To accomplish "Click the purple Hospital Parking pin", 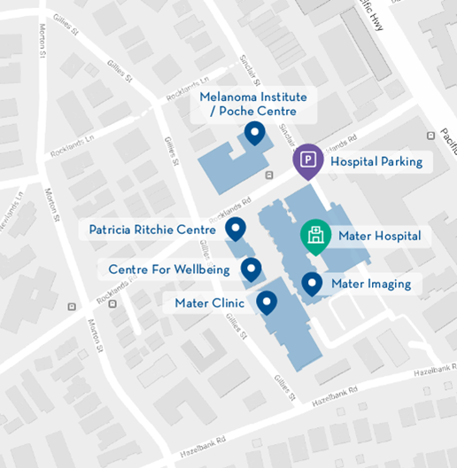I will click(x=307, y=160).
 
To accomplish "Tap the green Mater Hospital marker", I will click(x=314, y=236).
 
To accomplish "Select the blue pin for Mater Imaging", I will click(x=312, y=284).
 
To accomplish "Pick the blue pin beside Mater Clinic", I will click(x=267, y=303).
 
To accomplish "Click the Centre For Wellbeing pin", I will click(x=252, y=268).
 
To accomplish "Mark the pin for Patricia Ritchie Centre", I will click(x=236, y=230).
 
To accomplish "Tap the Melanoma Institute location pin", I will click(x=255, y=134).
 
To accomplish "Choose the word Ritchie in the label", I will click(x=159, y=230).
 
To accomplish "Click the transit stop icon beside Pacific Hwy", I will click(x=430, y=136).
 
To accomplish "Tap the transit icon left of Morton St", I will click(x=72, y=307).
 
